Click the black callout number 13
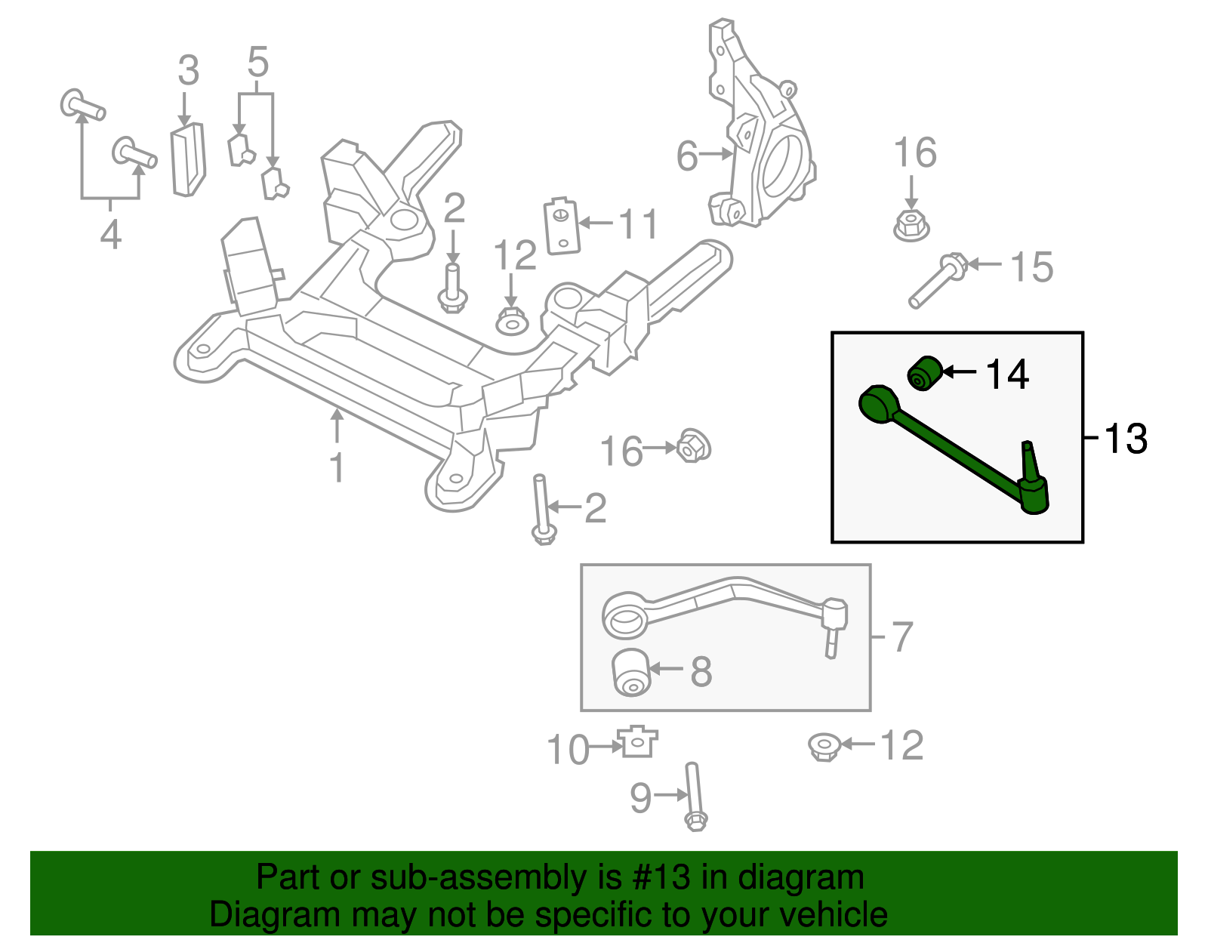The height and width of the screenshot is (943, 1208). coord(1126,439)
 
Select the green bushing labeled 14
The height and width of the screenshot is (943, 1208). coord(925,372)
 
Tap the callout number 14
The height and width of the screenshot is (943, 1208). coord(1007,374)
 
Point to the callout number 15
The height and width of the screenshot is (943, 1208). coord(1031,267)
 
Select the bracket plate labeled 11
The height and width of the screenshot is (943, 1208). coord(562,227)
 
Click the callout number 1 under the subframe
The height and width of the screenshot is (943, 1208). coord(337,467)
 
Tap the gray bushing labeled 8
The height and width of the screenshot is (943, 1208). coord(630,672)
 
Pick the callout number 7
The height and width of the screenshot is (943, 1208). coord(902,636)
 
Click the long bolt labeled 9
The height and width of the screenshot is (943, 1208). coord(694,797)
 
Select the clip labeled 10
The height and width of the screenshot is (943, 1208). coord(638,742)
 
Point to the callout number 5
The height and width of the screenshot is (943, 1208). coord(257,62)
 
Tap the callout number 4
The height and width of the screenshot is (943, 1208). coord(110,234)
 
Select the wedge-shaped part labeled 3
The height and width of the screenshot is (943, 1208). coord(188,159)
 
